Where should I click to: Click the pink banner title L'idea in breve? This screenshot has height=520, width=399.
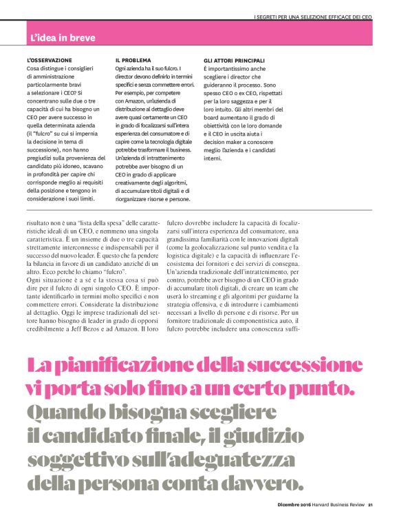63,37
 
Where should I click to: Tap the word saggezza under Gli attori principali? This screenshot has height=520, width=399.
261,101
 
